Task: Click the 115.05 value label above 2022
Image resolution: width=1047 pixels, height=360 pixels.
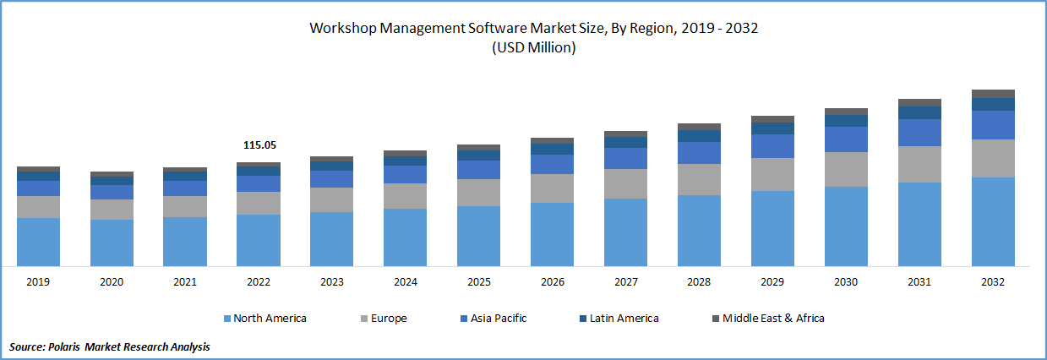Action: coord(259,145)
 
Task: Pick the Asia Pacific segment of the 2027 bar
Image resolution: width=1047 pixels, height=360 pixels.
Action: coord(625,158)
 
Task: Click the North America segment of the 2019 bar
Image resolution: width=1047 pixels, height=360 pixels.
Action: coord(38,242)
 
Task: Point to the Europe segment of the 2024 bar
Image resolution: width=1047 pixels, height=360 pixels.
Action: coord(406,195)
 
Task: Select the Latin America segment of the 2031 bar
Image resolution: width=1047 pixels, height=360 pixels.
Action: coord(919,112)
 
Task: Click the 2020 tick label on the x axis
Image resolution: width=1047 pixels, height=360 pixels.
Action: coord(112,282)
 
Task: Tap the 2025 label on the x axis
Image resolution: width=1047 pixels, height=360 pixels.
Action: coord(478,282)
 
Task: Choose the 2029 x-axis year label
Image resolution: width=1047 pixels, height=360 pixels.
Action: coord(772,282)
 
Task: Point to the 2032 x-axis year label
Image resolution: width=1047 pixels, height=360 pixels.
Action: coord(993,282)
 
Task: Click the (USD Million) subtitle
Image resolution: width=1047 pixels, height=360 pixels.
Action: coord(533,48)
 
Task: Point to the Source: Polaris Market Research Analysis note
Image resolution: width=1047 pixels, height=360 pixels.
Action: coord(109,346)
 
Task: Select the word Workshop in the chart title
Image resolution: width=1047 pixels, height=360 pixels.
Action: coord(342,28)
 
